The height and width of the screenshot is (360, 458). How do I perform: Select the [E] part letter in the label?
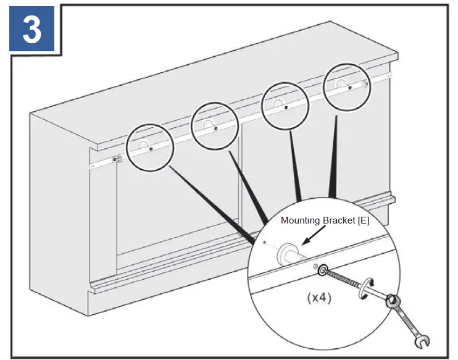coord(362,220)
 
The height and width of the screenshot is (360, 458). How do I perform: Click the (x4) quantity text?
coord(319,298)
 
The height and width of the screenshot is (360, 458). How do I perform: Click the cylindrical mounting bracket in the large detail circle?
coord(289,254)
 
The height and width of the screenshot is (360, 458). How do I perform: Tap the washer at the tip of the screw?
coord(322,270)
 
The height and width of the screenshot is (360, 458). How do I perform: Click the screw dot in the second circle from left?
coord(215,128)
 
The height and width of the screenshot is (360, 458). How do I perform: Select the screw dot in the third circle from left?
coord(286,105)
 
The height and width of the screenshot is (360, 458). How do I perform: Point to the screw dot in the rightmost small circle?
coord(349,87)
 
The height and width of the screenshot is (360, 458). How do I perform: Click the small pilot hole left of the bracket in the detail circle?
coord(263,243)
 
